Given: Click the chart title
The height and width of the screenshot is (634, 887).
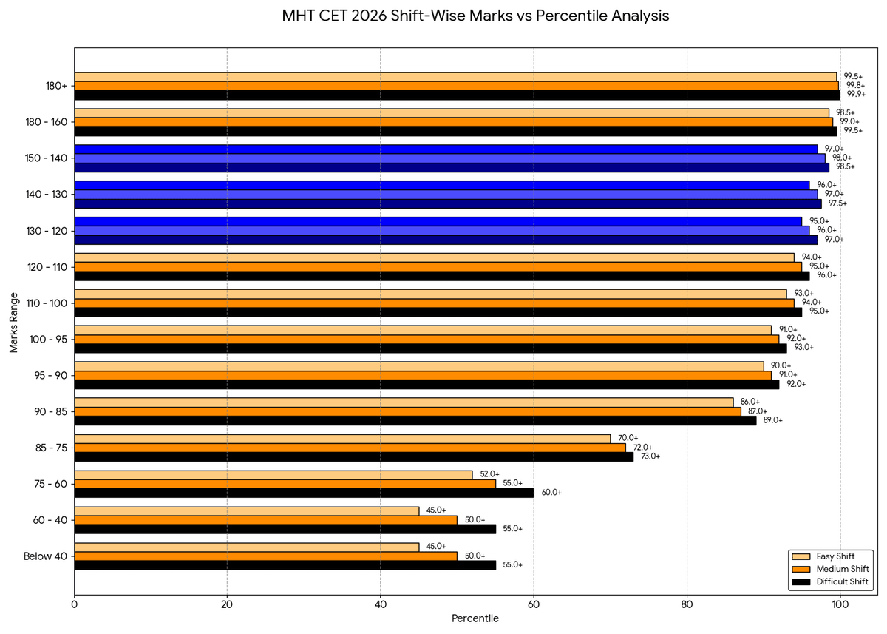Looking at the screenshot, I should tap(475, 16).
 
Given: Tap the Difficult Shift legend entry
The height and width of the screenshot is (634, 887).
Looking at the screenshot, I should tap(837, 582).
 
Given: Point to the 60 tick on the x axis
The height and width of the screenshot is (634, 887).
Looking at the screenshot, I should tap(534, 604).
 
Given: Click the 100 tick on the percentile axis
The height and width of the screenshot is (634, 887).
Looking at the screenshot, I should tap(840, 604).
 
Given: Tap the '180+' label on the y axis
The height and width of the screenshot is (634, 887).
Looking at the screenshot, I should tap(55, 86).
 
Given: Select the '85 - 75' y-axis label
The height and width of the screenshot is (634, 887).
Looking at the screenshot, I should tap(50, 448).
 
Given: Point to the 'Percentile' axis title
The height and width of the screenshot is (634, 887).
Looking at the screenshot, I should tap(475, 618).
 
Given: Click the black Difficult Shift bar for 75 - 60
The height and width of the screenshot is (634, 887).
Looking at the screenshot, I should tap(303, 493).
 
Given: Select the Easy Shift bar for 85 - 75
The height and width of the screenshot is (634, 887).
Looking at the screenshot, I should tap(342, 438).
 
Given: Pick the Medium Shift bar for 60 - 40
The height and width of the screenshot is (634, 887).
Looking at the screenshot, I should tap(265, 520).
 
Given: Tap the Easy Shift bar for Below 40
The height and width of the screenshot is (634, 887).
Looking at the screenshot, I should tap(246, 547).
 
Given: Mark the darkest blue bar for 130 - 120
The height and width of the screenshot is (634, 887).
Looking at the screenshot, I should tap(446, 240).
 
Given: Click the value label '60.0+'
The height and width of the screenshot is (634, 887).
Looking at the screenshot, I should tap(551, 493).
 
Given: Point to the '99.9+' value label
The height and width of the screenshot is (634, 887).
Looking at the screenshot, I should tap(857, 95).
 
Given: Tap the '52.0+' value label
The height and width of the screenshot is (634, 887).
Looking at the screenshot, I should tap(489, 474).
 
